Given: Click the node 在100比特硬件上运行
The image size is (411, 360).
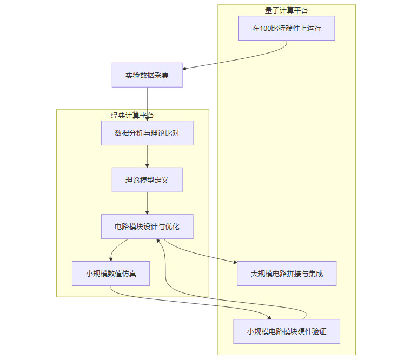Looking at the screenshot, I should tap(287, 28).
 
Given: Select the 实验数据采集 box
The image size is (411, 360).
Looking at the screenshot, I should tap(147, 75).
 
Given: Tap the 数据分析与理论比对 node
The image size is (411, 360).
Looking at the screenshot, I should tap(147, 133).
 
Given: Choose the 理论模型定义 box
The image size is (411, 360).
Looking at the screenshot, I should tap(147, 180).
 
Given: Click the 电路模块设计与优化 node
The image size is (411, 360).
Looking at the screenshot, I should tap(147, 227).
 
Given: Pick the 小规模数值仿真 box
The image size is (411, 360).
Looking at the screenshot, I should tap(111, 274).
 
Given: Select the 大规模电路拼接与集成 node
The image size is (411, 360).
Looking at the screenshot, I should tap(287, 274).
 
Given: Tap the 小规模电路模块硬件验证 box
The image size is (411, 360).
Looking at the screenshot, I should tap(287, 331).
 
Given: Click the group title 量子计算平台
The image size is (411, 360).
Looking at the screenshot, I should tap(287, 10).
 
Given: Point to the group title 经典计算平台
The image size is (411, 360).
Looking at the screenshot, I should tap(132, 115).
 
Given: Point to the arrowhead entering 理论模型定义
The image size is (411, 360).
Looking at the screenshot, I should tap(147, 165).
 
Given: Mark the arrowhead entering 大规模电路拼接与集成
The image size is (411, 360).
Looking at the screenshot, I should tap(235, 263).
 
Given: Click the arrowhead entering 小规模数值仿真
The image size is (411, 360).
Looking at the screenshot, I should tap(111, 259).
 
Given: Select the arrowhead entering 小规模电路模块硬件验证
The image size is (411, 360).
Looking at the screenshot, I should tap(269, 317).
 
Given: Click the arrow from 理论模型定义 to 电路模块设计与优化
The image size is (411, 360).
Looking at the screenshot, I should tap(147, 203).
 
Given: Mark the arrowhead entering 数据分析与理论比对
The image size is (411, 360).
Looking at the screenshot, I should tap(147, 118).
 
